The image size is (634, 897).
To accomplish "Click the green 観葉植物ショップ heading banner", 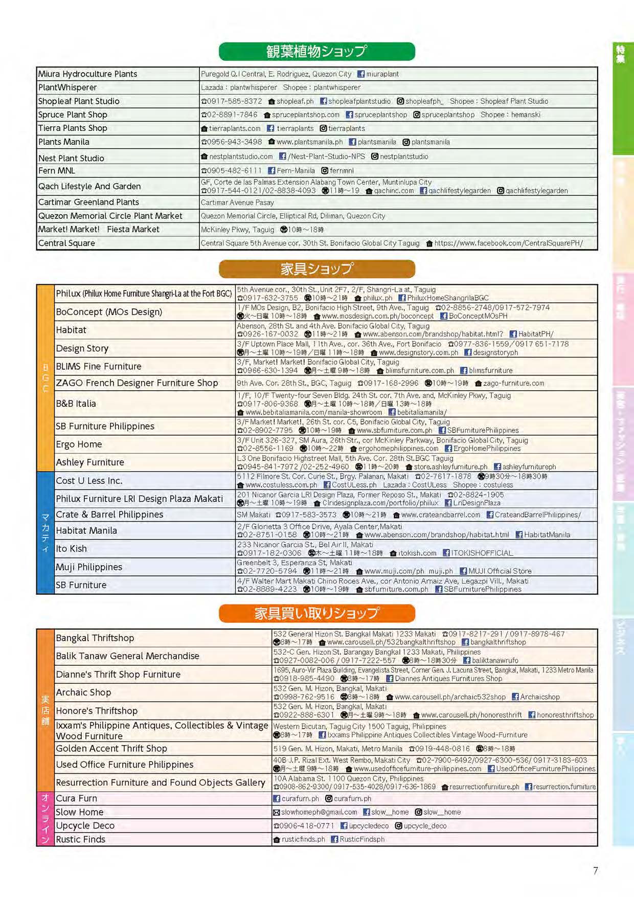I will tap(316, 52).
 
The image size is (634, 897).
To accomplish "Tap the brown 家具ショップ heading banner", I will tap(316, 269).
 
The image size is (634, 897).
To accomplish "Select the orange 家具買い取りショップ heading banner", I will tap(316, 613).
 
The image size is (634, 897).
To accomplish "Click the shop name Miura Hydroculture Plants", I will tap(87, 74).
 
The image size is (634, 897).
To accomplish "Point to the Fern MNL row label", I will tap(57, 171).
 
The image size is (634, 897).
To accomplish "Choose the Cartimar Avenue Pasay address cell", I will tap(237, 203).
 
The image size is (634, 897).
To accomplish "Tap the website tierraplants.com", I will tap(234, 128).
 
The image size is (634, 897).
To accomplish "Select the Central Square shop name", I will tap(66, 243).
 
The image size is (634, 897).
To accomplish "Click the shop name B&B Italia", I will tap(76, 403).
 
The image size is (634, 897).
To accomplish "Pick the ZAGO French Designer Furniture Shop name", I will tap(137, 383).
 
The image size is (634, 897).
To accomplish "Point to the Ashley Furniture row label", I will tap(90, 462).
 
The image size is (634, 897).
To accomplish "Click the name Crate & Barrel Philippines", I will tap(109, 514).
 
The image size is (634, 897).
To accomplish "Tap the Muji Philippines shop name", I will tap(89, 567).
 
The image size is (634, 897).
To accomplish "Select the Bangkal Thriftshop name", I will tap(95, 638).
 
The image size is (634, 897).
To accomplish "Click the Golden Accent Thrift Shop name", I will tap(111, 749).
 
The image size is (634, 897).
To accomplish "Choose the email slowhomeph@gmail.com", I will tap(319, 812).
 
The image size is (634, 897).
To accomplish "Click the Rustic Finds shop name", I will tap(80, 839).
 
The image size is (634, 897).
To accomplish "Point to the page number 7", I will tap(595, 870).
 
